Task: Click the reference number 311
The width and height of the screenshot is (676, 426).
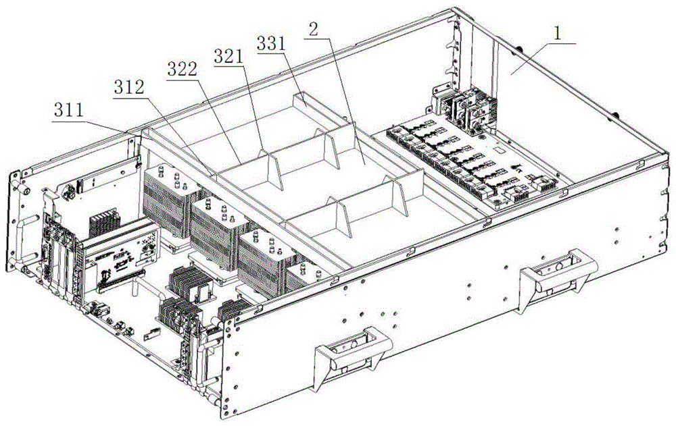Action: pos(68,110)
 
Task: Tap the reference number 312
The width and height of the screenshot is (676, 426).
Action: pos(129,88)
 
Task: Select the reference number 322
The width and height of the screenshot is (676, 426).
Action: pos(183,69)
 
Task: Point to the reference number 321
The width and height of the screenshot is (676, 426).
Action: pos(228,57)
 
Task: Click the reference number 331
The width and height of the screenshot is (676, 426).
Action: pos(271,43)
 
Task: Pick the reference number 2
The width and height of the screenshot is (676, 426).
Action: pos(314,29)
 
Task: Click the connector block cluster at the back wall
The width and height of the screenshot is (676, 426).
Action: pos(465,108)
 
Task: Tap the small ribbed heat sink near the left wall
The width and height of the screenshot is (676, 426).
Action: pos(104,222)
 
